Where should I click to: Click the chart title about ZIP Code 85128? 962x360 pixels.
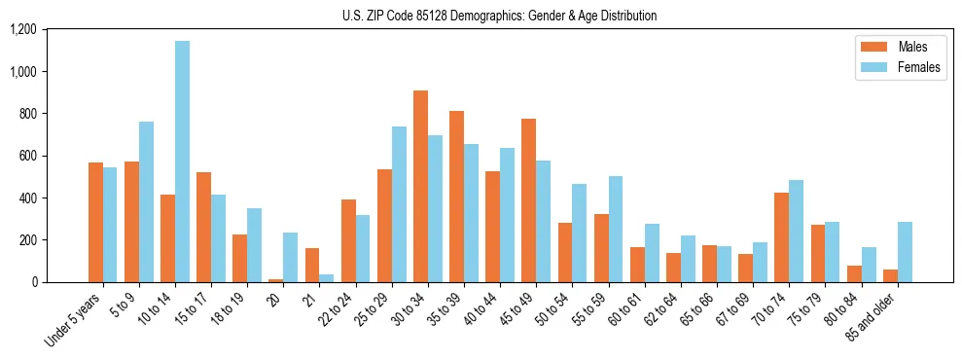pyautogui.click(x=499, y=16)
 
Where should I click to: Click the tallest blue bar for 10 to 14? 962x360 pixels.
pyautogui.click(x=182, y=162)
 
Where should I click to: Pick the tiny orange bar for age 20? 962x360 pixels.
pyautogui.click(x=276, y=280)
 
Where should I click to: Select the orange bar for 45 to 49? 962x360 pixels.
pyautogui.click(x=528, y=200)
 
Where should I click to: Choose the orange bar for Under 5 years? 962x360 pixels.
pyautogui.click(x=95, y=223)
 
